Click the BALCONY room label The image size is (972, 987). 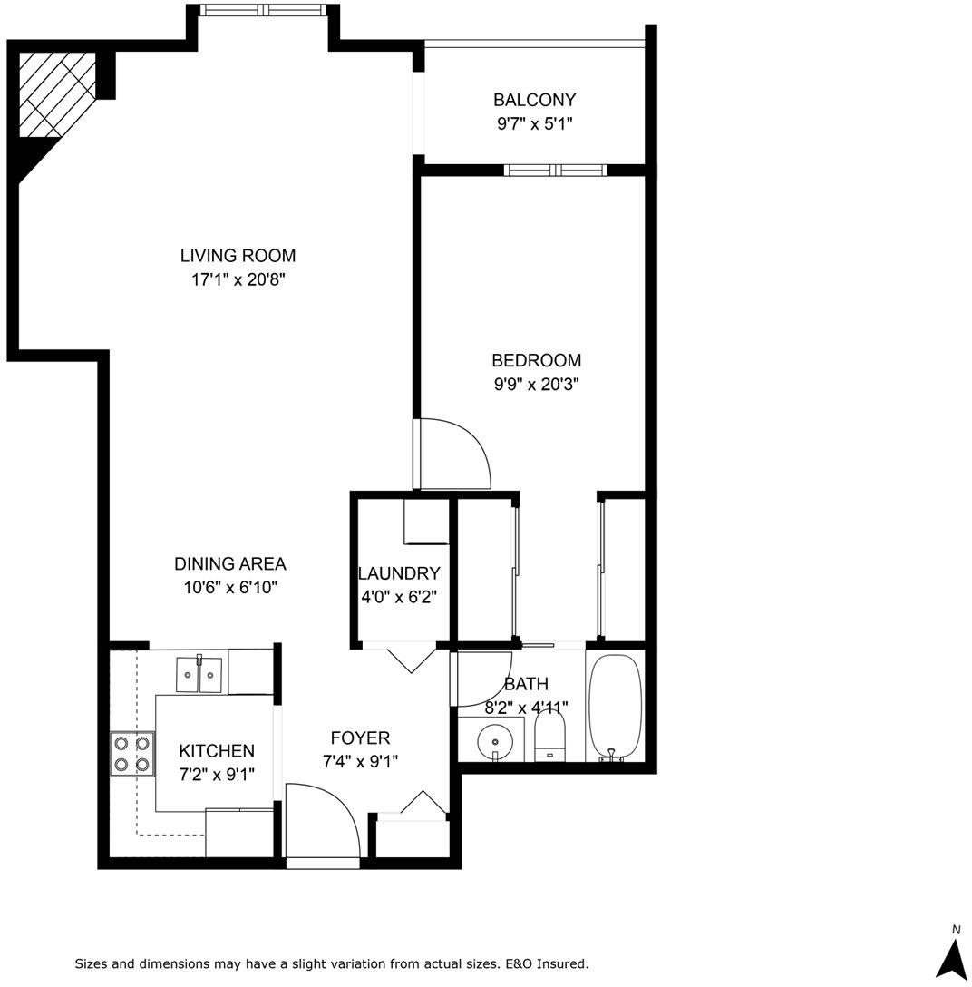tap(534, 100)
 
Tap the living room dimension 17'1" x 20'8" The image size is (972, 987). tap(238, 279)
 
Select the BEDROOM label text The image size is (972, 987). tap(536, 361)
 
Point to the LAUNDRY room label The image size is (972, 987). tap(399, 573)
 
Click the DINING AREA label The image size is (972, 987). tap(230, 564)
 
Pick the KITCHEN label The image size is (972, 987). tap(217, 751)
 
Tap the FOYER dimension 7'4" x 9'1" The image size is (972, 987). tap(361, 762)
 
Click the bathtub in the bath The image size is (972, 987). tap(615, 706)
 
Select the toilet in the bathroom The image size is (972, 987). tap(549, 735)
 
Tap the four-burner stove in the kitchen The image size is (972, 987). tap(132, 754)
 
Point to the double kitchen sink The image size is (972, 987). tap(199, 674)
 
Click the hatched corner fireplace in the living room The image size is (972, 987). tap(57, 94)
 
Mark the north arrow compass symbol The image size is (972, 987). tap(951, 956)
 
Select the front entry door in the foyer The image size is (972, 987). tap(323, 819)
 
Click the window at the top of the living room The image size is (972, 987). tap(264, 9)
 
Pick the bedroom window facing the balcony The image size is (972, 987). tap(556, 170)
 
